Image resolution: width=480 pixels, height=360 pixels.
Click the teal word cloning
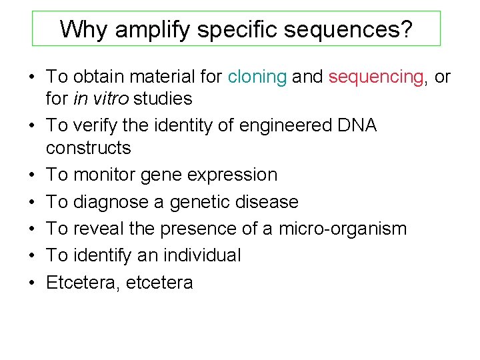[x=257, y=77]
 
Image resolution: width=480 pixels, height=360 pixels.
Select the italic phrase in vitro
[x=105, y=99]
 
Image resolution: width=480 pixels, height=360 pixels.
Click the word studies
[x=163, y=99]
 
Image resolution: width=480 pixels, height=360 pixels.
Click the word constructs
[x=88, y=148]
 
